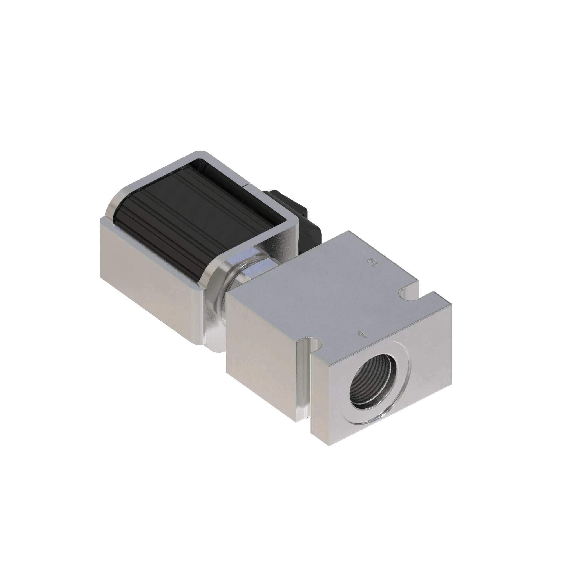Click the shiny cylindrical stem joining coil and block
(233, 280)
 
